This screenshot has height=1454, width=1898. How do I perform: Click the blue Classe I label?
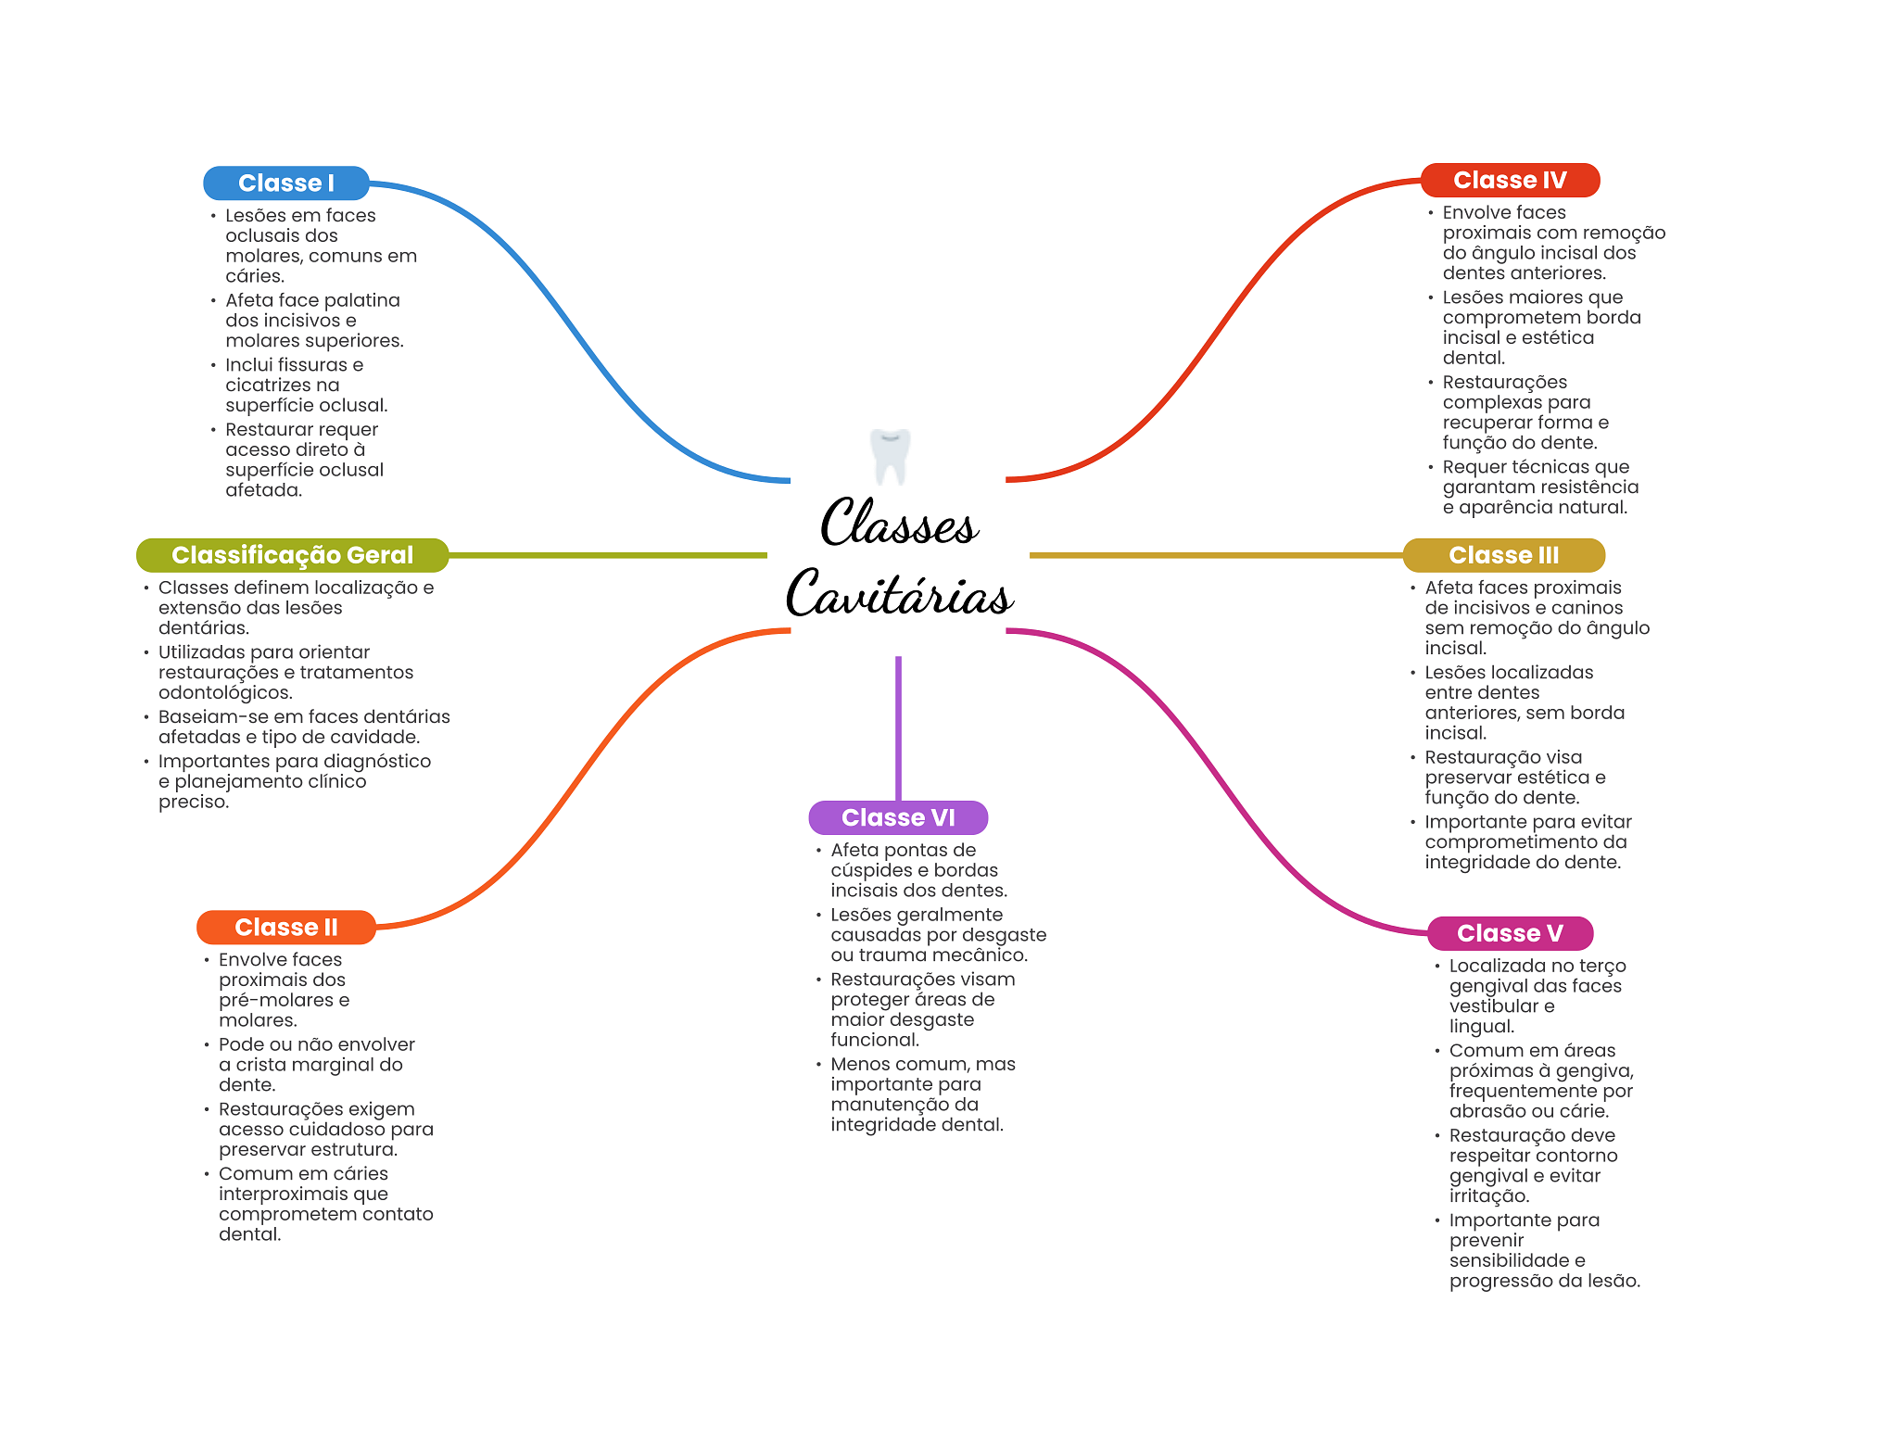[286, 183]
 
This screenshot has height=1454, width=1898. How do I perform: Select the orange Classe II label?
[286, 928]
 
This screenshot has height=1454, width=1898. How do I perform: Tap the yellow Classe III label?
[1503, 555]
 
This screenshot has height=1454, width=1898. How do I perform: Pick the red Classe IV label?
[1510, 180]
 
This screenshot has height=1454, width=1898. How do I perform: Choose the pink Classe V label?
[1510, 933]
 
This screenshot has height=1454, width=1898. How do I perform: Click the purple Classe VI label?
[898, 817]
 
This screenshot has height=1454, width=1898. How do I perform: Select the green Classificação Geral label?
[292, 555]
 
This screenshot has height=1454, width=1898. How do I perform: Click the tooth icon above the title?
[891, 456]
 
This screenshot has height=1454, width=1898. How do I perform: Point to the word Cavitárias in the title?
[900, 592]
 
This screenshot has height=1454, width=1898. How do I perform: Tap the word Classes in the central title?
[899, 522]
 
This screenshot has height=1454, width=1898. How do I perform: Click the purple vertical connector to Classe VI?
[898, 728]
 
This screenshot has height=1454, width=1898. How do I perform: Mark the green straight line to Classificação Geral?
[608, 555]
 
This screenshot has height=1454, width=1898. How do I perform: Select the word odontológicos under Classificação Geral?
[225, 693]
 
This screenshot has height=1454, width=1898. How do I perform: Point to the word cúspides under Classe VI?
[871, 870]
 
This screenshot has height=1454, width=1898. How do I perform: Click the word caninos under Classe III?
[1587, 608]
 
